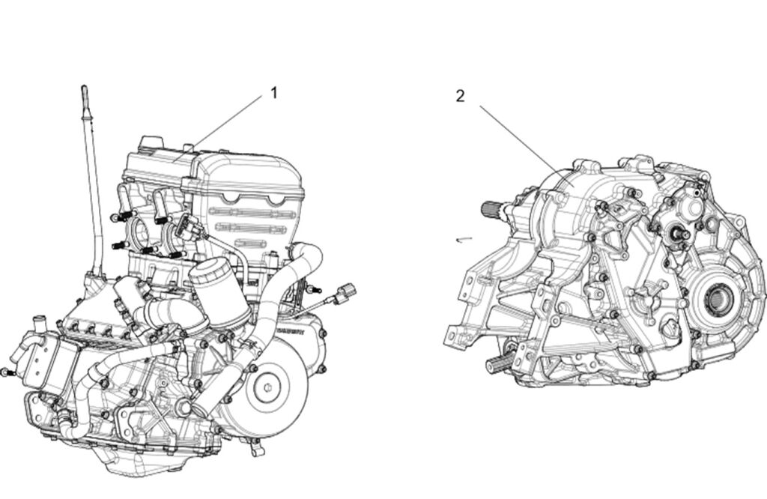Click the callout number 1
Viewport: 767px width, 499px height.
click(x=274, y=92)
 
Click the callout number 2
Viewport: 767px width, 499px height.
click(x=460, y=96)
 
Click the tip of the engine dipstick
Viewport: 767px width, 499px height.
click(x=84, y=88)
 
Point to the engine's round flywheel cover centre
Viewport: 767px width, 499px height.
click(x=267, y=387)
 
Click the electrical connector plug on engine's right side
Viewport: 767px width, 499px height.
click(x=346, y=291)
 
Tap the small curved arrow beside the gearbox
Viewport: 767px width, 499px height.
click(x=464, y=239)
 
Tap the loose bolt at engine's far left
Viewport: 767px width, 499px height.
click(x=7, y=372)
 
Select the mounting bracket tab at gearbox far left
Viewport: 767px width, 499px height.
click(x=455, y=338)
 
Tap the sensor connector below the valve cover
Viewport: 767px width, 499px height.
click(x=187, y=226)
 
